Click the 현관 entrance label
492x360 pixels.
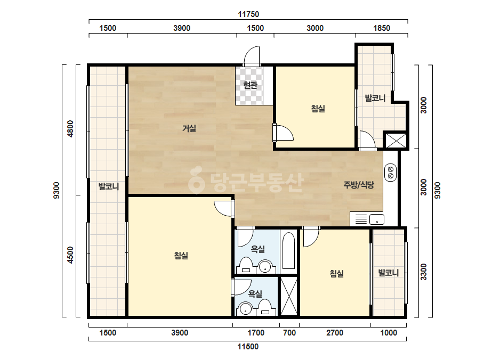[250, 85]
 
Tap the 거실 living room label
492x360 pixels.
[189, 128]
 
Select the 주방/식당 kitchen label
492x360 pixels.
[359, 185]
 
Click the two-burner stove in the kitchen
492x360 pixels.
[391, 172]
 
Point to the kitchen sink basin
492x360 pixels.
[377, 219]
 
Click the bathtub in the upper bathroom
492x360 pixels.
[289, 250]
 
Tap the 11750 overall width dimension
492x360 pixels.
[248, 14]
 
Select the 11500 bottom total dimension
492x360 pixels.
[248, 347]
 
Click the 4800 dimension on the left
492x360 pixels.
[70, 128]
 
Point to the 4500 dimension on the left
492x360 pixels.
[70, 255]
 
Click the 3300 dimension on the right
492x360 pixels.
[424, 272]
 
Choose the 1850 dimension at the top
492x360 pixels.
[382, 28]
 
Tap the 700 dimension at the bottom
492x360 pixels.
[289, 333]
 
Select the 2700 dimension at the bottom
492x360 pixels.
[334, 333]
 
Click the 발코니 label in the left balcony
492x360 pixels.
[109, 186]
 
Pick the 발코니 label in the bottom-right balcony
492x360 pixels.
[389, 273]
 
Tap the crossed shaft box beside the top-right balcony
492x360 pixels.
[396, 140]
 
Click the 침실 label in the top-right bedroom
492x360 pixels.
[318, 109]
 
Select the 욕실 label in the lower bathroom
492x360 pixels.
[255, 293]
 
